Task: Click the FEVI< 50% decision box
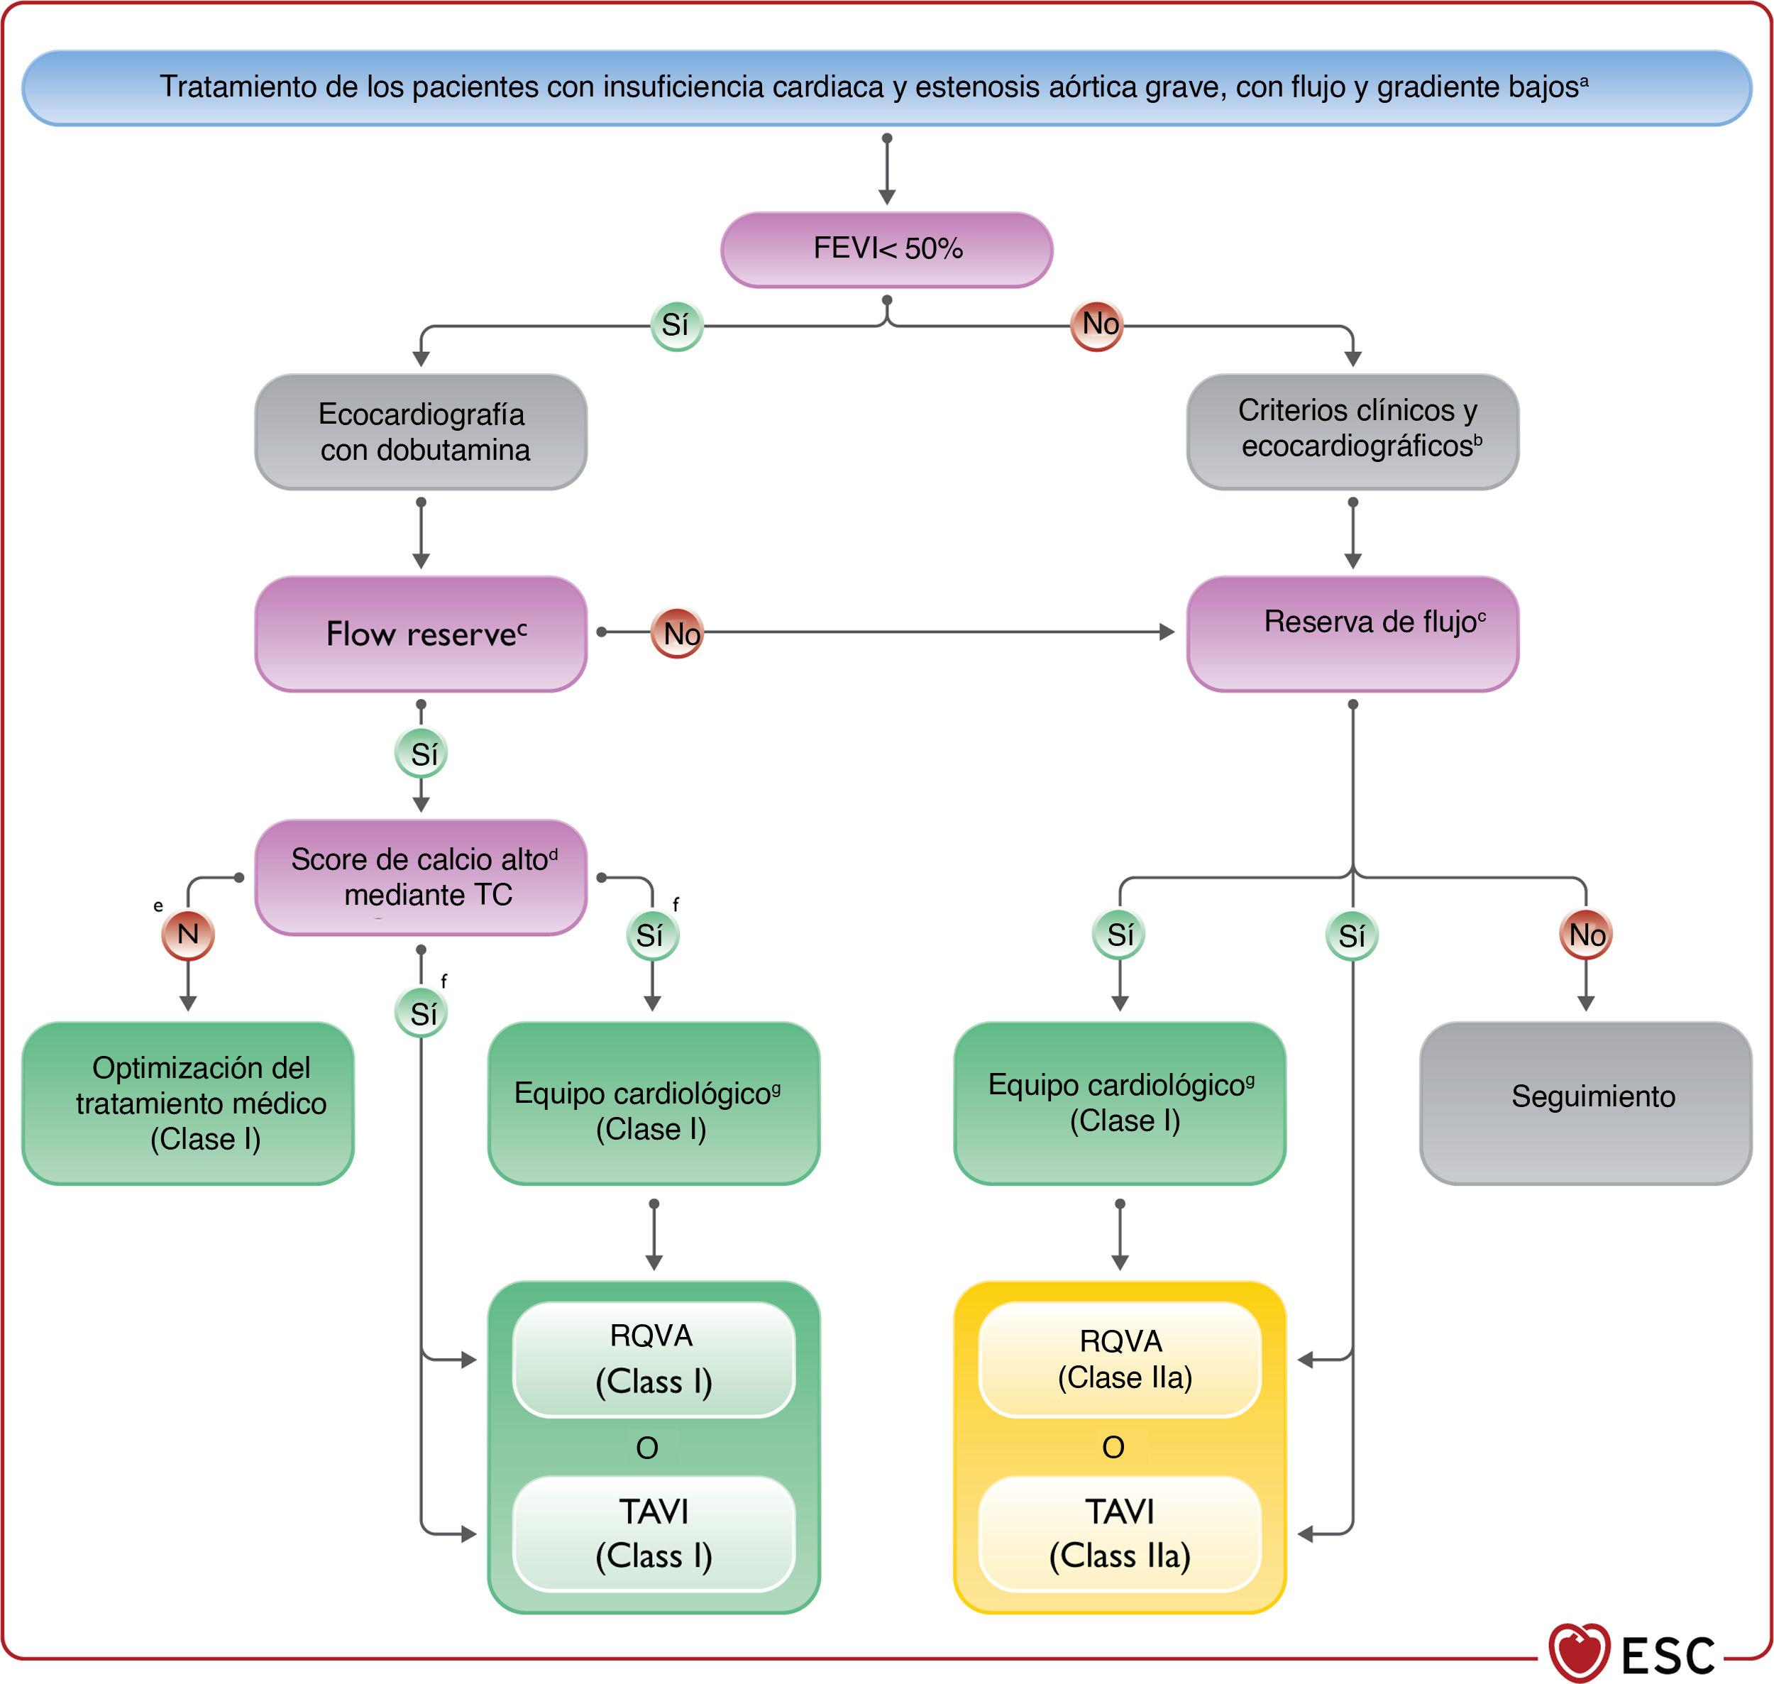pos(886,250)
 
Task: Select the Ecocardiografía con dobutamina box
pos(421,431)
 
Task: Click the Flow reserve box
pos(421,634)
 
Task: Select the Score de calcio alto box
pos(421,877)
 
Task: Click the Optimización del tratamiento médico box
pos(187,1104)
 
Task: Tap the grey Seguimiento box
pos(1585,1104)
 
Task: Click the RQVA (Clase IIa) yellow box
pos(1120,1359)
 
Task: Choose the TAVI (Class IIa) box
pos(1120,1534)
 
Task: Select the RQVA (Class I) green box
pos(654,1359)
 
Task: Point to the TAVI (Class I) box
pos(654,1534)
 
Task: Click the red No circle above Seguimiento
pos(1585,935)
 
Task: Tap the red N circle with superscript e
pos(187,935)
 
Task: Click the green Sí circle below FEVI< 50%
pos(676,325)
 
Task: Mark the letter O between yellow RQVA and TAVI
pos(1113,1447)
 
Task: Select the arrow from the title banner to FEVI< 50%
pos(887,170)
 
